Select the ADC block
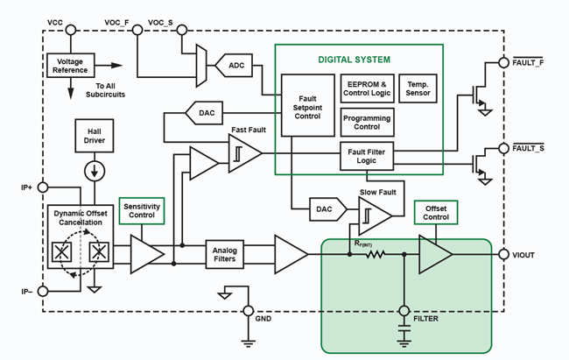pyautogui.click(x=236, y=66)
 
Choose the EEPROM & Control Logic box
pyautogui.click(x=367, y=88)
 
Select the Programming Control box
pyautogui.click(x=367, y=120)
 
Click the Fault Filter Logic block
pyautogui.click(x=367, y=156)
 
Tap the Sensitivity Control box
pyautogui.click(x=142, y=210)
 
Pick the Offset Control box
pyautogui.click(x=436, y=213)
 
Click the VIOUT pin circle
pyautogui.click(x=504, y=255)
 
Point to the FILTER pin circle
pyautogui.click(x=404, y=310)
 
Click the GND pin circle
pyautogui.click(x=248, y=310)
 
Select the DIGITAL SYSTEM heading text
pyautogui.click(x=354, y=60)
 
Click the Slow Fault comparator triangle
pyautogui.click(x=374, y=215)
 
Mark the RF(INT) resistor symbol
pyautogui.click(x=375, y=255)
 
